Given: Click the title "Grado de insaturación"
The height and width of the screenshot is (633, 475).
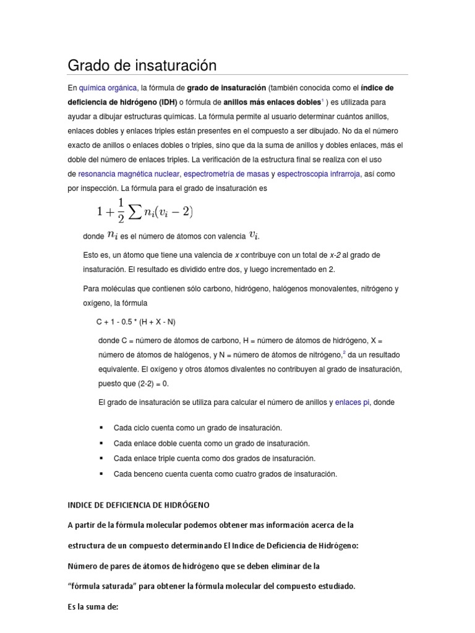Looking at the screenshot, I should pyautogui.click(x=142, y=66).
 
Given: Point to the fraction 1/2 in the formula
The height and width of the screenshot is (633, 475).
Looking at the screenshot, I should pyautogui.click(x=120, y=212).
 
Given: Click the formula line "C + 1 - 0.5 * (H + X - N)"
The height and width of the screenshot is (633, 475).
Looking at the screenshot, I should pyautogui.click(x=140, y=323).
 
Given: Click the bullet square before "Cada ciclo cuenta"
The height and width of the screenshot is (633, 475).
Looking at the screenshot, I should pyautogui.click(x=101, y=428).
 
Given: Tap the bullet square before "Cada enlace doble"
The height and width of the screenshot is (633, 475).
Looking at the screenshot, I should pyautogui.click(x=101, y=443).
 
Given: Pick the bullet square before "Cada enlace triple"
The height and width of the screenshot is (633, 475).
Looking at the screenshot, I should pyautogui.click(x=101, y=459).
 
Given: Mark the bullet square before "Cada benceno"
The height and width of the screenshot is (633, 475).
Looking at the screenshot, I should pyautogui.click(x=101, y=474).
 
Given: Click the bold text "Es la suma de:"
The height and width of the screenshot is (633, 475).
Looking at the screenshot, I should pyautogui.click(x=92, y=606).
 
